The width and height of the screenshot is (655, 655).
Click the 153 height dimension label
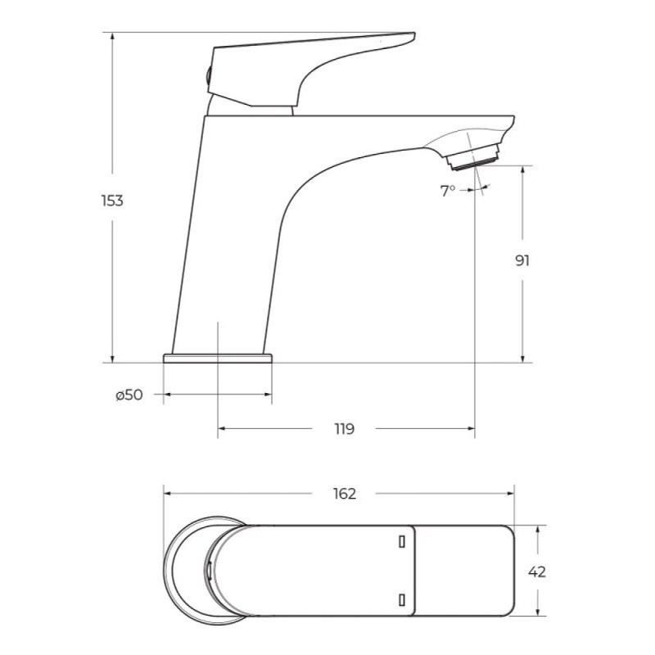(x=112, y=201)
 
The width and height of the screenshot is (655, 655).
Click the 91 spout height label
(x=522, y=260)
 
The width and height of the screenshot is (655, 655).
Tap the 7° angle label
(x=447, y=191)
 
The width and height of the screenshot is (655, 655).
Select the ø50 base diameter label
(x=129, y=395)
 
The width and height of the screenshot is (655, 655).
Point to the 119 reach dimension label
(x=344, y=428)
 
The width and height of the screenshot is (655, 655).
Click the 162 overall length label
(x=345, y=494)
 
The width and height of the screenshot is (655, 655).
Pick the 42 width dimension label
(x=537, y=571)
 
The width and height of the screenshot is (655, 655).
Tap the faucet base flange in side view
(x=218, y=359)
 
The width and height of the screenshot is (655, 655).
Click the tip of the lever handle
(x=414, y=34)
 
